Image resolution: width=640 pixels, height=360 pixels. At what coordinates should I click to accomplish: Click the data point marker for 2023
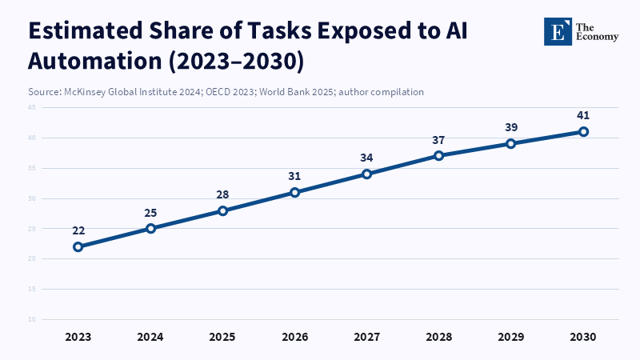coord(78,246)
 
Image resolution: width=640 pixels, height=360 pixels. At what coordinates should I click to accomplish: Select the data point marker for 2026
coord(295,192)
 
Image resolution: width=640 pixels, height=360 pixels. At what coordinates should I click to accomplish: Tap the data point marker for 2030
coord(584,131)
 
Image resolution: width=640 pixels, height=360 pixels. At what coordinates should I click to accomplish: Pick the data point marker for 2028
coord(439,155)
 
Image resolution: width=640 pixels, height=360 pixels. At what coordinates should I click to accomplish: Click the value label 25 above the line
coord(150,213)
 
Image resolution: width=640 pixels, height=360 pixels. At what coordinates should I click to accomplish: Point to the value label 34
coord(367,158)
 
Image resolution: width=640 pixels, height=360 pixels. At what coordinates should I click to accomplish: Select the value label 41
coord(584,115)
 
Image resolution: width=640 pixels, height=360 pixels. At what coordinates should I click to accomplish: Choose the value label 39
coord(511,128)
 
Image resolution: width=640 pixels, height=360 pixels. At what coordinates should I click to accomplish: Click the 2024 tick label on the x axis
coord(150,337)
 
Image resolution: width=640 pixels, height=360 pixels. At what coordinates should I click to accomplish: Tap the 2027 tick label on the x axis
coord(367,337)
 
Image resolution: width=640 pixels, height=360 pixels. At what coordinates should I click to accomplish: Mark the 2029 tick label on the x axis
coord(511,337)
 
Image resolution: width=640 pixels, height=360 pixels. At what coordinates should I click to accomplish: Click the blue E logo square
coord(558,31)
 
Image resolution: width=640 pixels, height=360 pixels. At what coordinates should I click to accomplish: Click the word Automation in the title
coord(89,61)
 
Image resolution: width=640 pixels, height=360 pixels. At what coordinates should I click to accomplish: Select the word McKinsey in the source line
coord(86,92)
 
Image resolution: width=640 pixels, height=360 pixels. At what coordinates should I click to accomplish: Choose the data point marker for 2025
coord(222,210)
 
